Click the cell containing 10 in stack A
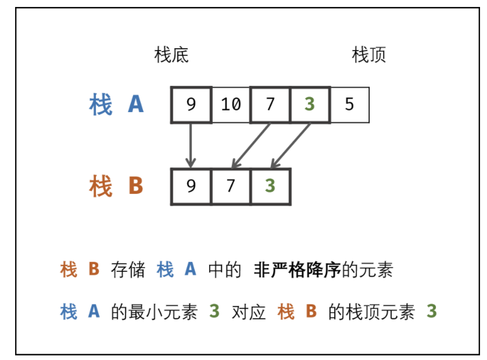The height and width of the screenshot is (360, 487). click(x=231, y=105)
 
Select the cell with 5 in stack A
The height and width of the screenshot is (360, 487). click(x=349, y=105)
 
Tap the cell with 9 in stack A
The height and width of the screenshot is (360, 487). click(x=191, y=105)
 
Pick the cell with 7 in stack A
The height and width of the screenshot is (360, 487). click(x=270, y=105)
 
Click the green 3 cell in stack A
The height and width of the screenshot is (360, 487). click(x=310, y=105)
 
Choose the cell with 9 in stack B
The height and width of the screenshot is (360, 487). click(x=191, y=186)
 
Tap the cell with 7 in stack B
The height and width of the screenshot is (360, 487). click(x=231, y=186)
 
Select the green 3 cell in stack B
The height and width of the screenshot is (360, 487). click(x=270, y=186)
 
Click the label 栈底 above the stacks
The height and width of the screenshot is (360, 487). click(x=171, y=55)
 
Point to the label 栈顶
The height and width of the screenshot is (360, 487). click(x=369, y=55)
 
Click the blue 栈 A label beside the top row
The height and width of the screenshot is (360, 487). click(x=116, y=105)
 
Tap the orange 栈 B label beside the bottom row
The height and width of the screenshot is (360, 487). click(x=116, y=187)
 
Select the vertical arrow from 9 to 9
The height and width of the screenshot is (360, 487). click(x=191, y=145)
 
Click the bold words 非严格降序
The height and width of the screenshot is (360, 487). click(x=297, y=269)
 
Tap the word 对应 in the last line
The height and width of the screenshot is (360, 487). click(x=248, y=312)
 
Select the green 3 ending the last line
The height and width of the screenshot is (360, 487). click(x=431, y=312)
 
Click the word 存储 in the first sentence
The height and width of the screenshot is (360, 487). click(x=127, y=269)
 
